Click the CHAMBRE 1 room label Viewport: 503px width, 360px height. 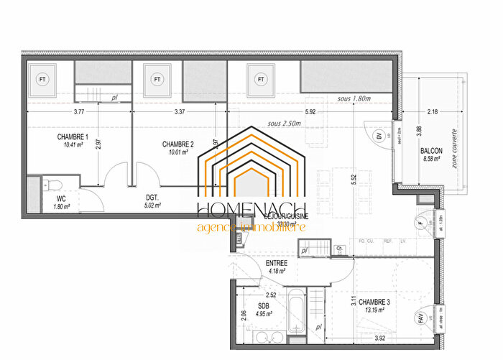point(73,137)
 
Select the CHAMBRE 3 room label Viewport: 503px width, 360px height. point(374,302)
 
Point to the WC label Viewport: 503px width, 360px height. point(62,198)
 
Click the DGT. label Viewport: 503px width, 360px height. point(151,196)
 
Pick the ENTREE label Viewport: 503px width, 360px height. point(277,263)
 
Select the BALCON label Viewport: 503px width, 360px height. point(431,151)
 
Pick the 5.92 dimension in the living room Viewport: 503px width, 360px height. point(310,111)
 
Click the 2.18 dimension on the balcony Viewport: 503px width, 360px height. point(431,111)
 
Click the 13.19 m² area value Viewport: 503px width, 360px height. point(374,311)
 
